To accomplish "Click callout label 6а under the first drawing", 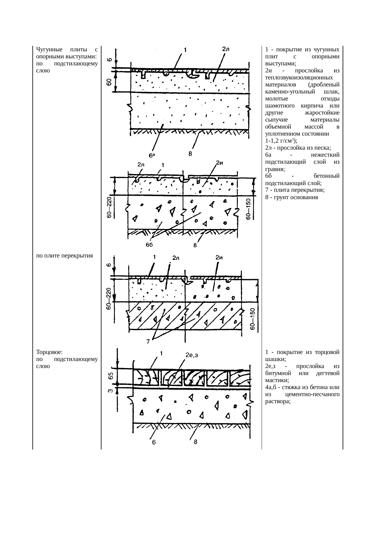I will pos(152,155).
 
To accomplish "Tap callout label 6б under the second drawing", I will pos(149,245).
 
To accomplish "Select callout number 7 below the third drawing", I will pos(148,342).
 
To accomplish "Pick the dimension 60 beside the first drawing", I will pos(109,82).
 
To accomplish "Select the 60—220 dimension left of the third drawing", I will pos(109,300).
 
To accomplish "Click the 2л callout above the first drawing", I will pos(226,49).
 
